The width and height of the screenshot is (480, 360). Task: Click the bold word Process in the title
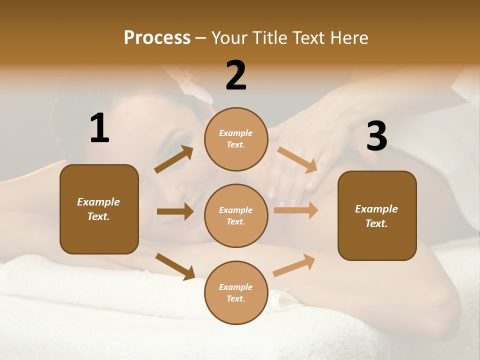[x=157, y=37]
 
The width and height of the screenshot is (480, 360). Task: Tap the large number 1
[x=99, y=128]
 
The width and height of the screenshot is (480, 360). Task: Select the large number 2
[x=236, y=75]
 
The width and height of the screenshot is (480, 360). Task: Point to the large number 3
[x=377, y=136]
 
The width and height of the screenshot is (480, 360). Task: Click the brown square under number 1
[x=99, y=209]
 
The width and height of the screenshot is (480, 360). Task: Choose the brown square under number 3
[x=377, y=216]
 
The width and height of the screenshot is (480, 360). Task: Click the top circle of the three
[x=236, y=139]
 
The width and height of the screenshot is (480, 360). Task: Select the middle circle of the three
[x=236, y=216]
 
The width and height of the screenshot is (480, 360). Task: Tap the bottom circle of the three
[x=236, y=293]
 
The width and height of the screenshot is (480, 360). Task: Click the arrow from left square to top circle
[x=174, y=159]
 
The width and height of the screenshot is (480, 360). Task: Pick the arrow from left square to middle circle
[x=175, y=211]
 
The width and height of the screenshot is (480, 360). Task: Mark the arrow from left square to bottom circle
[x=175, y=266]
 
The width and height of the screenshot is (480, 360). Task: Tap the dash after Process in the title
[x=200, y=38]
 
